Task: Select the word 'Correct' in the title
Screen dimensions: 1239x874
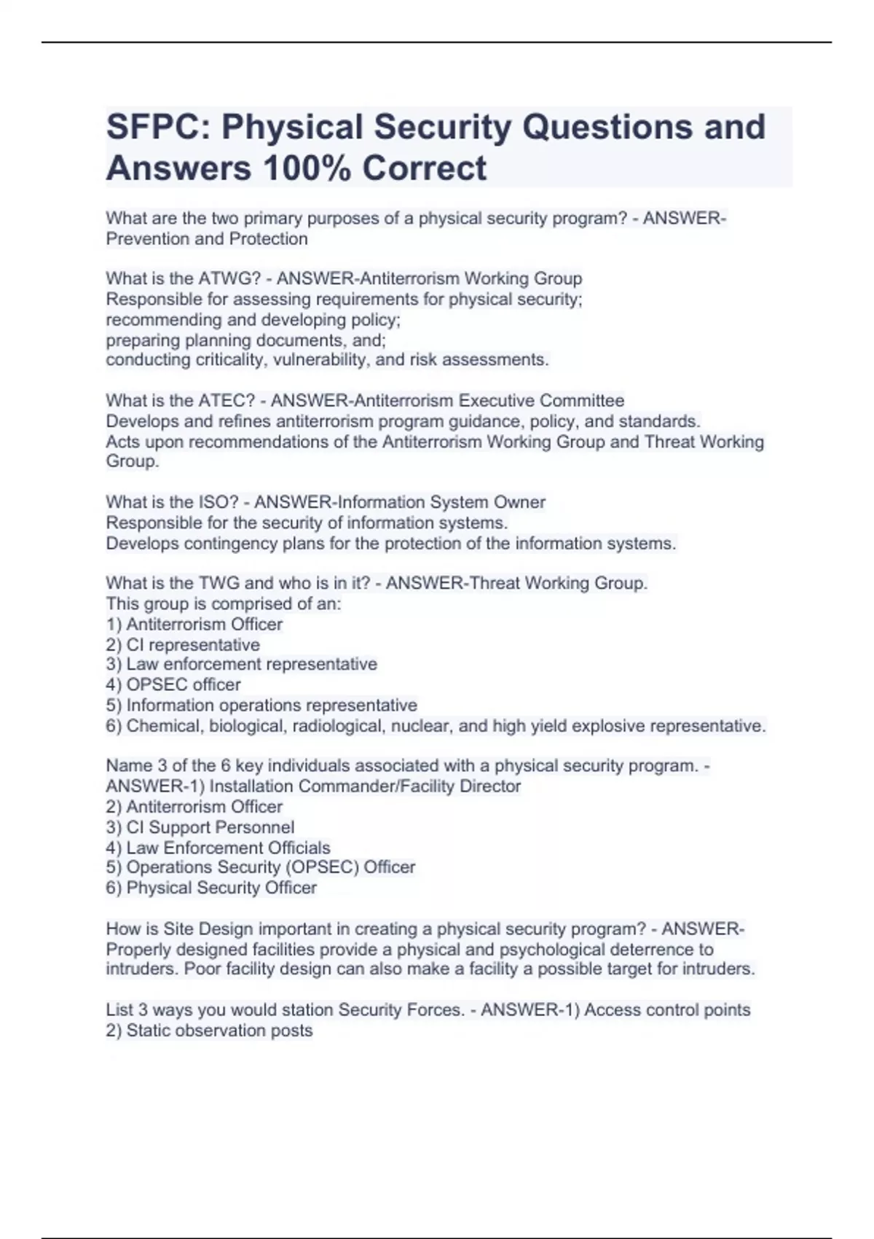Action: pos(424,168)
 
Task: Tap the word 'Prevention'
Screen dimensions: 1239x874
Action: pos(146,239)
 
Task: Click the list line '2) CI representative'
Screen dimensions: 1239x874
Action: pos(183,645)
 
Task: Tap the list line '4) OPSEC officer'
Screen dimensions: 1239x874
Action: pos(173,685)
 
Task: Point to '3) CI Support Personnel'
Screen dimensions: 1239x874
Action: pos(200,827)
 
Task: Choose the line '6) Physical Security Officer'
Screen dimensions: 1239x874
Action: pos(211,888)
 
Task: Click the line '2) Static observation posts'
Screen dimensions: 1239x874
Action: pos(209,1031)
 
